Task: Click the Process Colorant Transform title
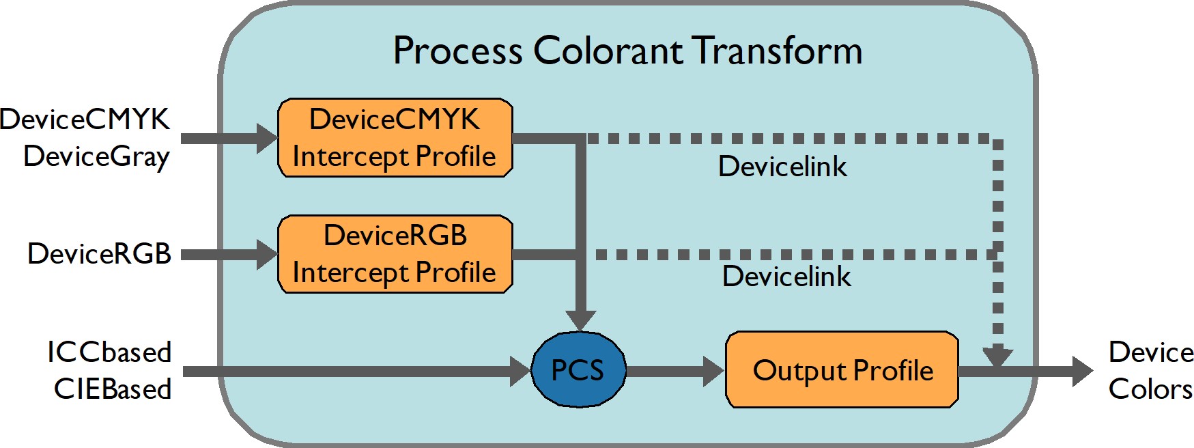(x=627, y=51)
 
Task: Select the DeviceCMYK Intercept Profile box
(x=395, y=138)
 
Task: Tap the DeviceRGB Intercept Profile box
(x=395, y=254)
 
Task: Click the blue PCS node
(x=578, y=369)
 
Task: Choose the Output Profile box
(x=842, y=370)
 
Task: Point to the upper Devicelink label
(x=782, y=167)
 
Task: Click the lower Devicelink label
(x=786, y=277)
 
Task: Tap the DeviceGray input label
(x=96, y=156)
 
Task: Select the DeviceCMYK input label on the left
(x=85, y=120)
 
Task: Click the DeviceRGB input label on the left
(x=99, y=253)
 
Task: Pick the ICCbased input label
(x=109, y=352)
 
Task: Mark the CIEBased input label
(x=113, y=389)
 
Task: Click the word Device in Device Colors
(x=1151, y=352)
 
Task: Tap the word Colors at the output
(x=1150, y=389)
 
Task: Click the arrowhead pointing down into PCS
(x=580, y=320)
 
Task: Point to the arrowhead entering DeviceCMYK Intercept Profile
(x=267, y=138)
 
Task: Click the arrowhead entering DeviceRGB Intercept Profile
(x=267, y=254)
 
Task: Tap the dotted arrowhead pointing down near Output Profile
(x=997, y=356)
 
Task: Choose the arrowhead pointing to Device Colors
(x=1082, y=371)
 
